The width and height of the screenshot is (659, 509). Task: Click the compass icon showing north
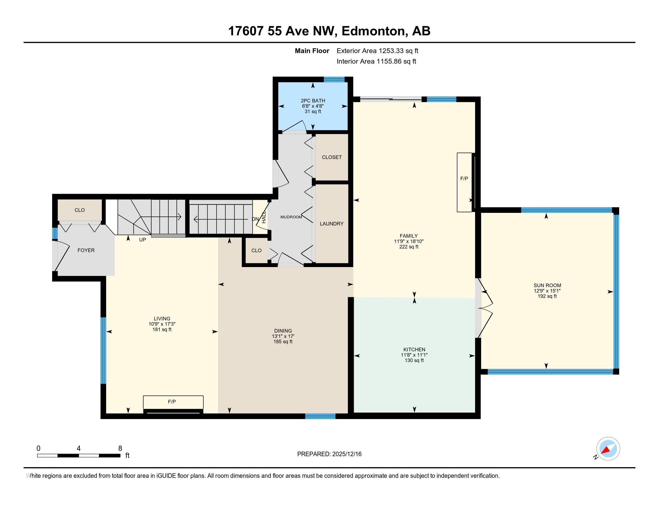[608, 449]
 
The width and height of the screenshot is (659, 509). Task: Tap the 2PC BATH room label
[313, 101]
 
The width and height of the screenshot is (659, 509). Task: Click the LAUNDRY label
[332, 224]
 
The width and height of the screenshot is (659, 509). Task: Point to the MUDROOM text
[291, 217]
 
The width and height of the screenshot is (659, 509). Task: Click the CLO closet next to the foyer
[80, 210]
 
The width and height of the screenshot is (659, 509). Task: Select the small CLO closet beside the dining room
[256, 251]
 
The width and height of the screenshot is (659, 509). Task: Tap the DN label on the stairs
[255, 219]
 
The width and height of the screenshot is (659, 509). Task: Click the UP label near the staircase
[142, 240]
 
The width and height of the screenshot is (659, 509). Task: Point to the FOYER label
[86, 250]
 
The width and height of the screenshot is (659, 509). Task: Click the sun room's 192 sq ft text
[547, 296]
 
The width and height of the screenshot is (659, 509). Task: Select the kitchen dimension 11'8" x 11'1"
[414, 355]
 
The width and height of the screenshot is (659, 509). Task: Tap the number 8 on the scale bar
[120, 448]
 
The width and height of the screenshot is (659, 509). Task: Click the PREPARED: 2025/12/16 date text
[329, 454]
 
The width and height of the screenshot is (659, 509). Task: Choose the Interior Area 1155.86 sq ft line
[376, 61]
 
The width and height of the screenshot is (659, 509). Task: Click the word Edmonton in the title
[373, 31]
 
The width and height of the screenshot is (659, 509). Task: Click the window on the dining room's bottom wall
[320, 416]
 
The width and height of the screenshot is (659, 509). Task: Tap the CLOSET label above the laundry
[332, 157]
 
